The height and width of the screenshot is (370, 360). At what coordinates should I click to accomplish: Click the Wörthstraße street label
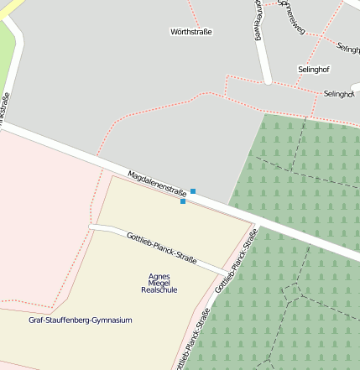click(x=191, y=33)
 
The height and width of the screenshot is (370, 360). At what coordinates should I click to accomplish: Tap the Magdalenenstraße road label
click(x=157, y=185)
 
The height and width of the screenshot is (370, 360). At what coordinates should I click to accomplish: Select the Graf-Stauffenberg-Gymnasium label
click(x=81, y=320)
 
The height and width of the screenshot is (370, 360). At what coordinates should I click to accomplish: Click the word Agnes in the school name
click(x=159, y=276)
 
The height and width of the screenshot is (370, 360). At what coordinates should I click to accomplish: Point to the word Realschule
click(x=159, y=289)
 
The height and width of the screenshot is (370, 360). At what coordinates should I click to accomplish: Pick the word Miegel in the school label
click(x=159, y=283)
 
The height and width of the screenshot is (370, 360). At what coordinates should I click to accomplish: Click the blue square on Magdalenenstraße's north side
click(x=193, y=191)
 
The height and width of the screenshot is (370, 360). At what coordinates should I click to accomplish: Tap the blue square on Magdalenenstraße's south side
click(x=183, y=201)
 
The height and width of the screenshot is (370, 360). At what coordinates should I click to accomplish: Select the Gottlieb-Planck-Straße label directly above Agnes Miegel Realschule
click(x=161, y=248)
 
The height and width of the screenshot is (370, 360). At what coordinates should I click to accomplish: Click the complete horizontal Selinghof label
click(x=313, y=68)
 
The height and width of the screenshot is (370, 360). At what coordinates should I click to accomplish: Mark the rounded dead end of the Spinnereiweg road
click(x=268, y=81)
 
